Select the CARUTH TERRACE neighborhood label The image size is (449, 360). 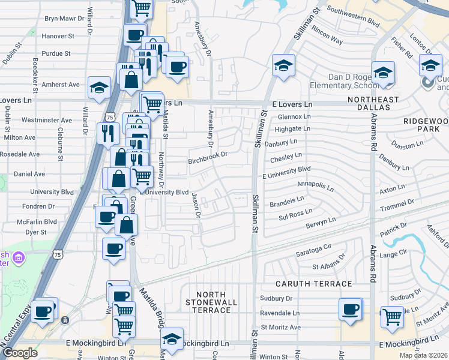pyautogui.click(x=314, y=283)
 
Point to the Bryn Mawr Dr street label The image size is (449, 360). pyautogui.click(x=68, y=19)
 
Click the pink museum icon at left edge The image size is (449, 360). pyautogui.click(x=19, y=258)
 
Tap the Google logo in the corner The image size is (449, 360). pyautogui.click(x=20, y=353)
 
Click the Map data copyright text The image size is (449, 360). pyautogui.click(x=423, y=355)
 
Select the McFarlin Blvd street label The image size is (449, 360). pyautogui.click(x=38, y=221)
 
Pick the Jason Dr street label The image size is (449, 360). pyautogui.click(x=194, y=205)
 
